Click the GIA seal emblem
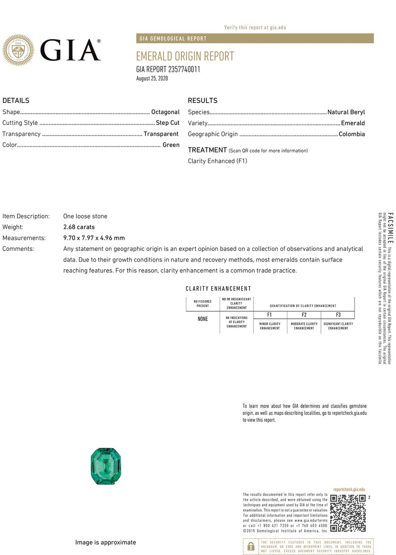coord(18,50)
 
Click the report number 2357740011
coord(184,69)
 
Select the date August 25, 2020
coord(152,78)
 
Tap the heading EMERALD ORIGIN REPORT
coord(185,56)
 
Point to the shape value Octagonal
coord(165,112)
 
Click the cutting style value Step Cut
coord(167,123)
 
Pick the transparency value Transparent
coord(161,134)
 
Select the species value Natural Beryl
coord(346,112)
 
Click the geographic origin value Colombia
coord(352,134)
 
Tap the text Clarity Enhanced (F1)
coord(217,161)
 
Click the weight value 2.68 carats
coord(79,227)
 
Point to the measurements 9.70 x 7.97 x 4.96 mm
coord(94,238)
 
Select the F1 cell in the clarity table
coord(269,315)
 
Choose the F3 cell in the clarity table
coord(338,315)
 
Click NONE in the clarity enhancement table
coord(203,319)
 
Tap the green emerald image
coord(106,466)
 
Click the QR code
coord(348,513)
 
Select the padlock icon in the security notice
coord(251,546)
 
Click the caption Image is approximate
coord(105,542)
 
